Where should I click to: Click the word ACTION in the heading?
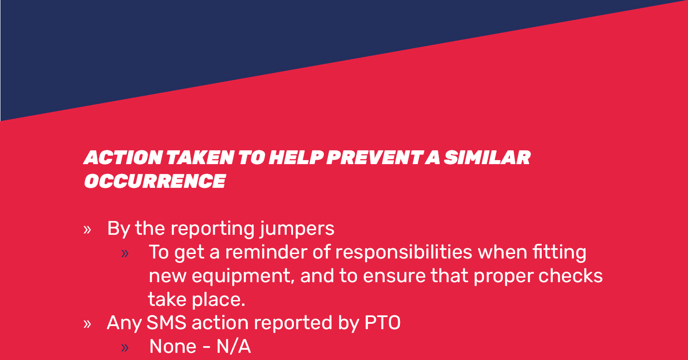tap(123, 157)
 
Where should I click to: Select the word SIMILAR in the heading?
tap(487, 157)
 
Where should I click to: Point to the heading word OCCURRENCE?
tap(155, 181)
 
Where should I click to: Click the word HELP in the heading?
tap(296, 157)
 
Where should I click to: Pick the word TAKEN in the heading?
tap(200, 157)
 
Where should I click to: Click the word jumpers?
tap(297, 229)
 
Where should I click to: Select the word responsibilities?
tap(403, 253)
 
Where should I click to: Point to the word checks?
tap(570, 275)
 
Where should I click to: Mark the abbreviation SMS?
tap(166, 323)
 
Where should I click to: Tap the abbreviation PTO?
tap(382, 323)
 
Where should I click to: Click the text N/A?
tap(234, 347)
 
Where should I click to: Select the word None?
tap(173, 347)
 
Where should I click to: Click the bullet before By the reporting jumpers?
tap(87, 230)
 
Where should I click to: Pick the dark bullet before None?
tap(125, 348)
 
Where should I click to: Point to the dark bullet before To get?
tap(125, 254)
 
